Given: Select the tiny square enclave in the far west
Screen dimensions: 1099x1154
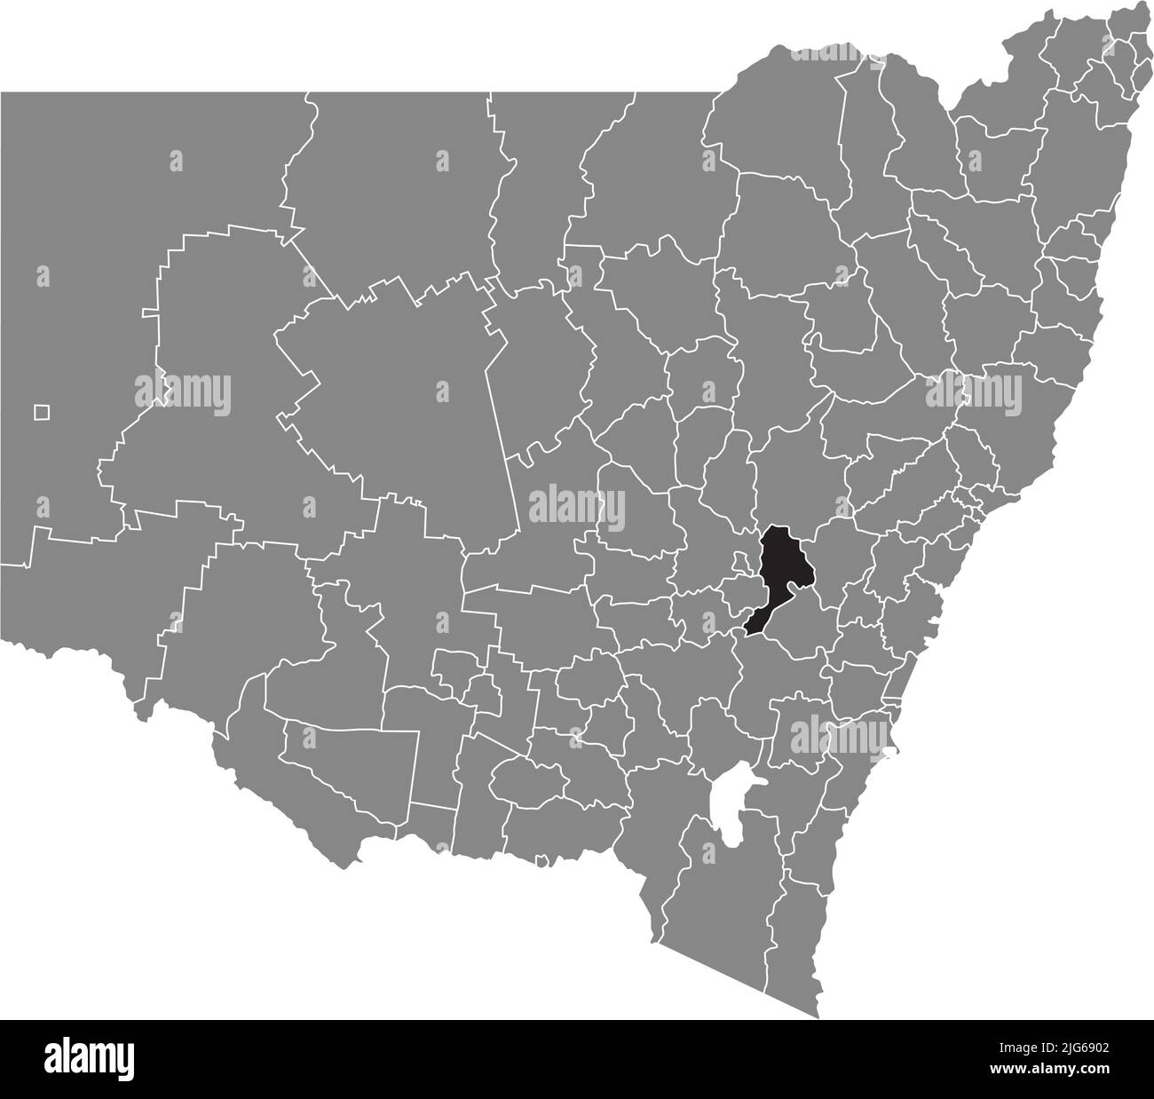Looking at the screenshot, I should pyautogui.click(x=41, y=412).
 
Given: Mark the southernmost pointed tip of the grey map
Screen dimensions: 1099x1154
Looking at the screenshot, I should pyautogui.click(x=817, y=1016).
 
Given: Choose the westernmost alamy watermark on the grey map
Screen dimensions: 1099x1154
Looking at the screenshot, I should pyautogui.click(x=183, y=391).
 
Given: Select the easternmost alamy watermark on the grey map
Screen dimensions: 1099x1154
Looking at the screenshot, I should pyautogui.click(x=974, y=391).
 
